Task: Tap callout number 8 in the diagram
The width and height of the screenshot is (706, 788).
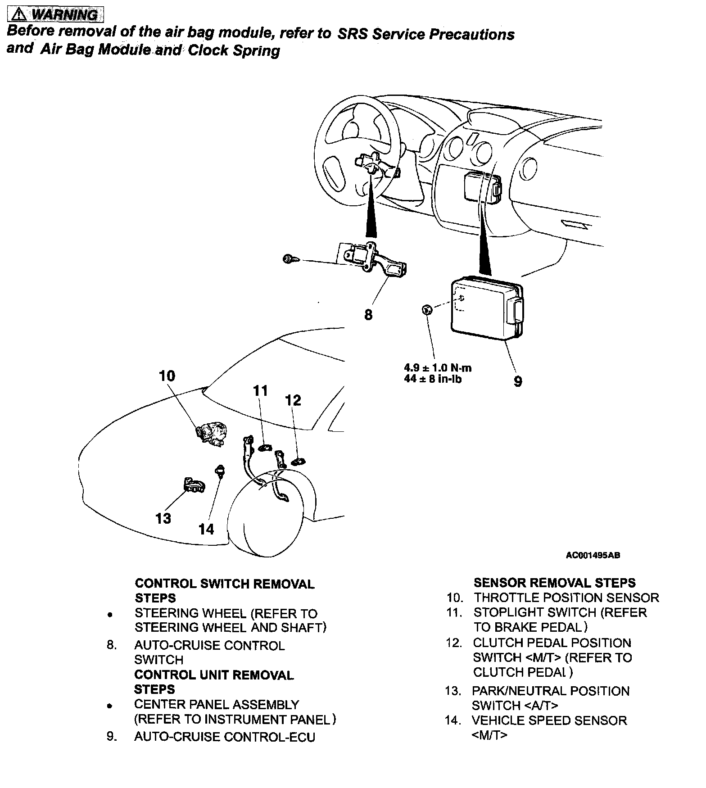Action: pyautogui.click(x=368, y=315)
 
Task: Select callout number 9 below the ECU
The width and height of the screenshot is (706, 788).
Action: pyautogui.click(x=518, y=381)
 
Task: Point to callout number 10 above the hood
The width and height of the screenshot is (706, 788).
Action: pyautogui.click(x=167, y=376)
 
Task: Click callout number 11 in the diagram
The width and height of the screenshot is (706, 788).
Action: pyautogui.click(x=261, y=390)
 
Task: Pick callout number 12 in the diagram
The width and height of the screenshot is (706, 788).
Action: pyautogui.click(x=293, y=400)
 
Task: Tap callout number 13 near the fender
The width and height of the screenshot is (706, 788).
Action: pyautogui.click(x=163, y=518)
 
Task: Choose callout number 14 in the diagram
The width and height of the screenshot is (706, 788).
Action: pyautogui.click(x=206, y=529)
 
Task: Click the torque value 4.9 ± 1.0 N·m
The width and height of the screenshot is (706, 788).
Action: pyautogui.click(x=438, y=368)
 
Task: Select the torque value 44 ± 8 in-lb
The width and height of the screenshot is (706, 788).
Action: pyautogui.click(x=433, y=379)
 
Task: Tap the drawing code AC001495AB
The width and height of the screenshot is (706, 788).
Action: pyautogui.click(x=593, y=555)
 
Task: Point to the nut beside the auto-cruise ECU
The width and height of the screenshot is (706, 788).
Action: pyautogui.click(x=427, y=309)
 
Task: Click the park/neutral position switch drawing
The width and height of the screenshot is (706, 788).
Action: pyautogui.click(x=194, y=485)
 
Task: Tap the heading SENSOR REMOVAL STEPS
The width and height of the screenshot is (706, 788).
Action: pyautogui.click(x=554, y=583)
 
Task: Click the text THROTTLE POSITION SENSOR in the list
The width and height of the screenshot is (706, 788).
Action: pyautogui.click(x=566, y=598)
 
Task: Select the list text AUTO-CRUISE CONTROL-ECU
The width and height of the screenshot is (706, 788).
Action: pyautogui.click(x=225, y=737)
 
